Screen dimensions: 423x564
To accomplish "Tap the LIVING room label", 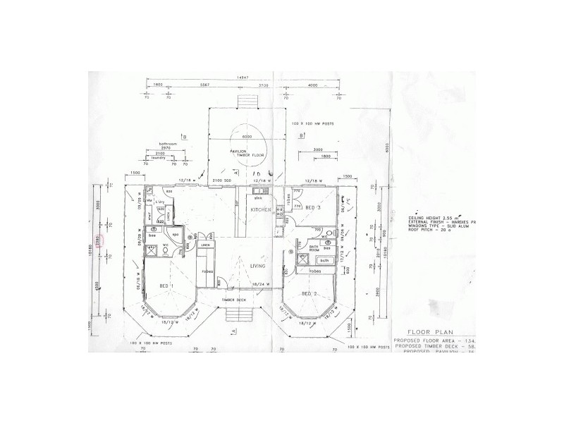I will tap(257, 266).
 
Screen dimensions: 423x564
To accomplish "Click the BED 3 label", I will tap(314, 207).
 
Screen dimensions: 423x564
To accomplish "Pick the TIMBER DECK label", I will tap(234, 300).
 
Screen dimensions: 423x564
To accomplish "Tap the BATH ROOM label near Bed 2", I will tap(314, 247).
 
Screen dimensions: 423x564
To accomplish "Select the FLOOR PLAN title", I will tap(433, 329).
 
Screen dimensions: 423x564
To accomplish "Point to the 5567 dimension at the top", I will tap(206, 84).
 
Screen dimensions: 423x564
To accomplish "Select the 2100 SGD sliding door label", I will tap(222, 183).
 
